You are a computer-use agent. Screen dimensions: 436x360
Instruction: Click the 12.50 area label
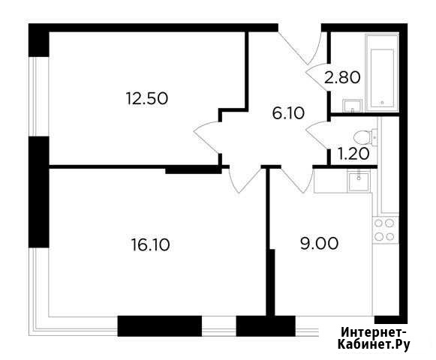147,98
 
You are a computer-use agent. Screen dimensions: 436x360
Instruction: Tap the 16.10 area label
150,245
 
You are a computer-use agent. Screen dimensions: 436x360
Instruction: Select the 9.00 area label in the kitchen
319,243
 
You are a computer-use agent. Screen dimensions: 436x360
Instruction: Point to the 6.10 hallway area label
288,113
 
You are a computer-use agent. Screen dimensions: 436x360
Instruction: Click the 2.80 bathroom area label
342,77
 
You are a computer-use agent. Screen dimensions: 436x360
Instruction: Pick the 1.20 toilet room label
353,154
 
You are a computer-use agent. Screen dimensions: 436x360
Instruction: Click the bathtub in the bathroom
382,73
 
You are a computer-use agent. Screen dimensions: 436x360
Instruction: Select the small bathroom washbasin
352,106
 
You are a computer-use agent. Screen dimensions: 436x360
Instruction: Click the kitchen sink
359,181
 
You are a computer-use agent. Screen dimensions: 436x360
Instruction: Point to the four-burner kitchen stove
385,230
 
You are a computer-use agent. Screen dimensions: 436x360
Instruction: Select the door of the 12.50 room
207,137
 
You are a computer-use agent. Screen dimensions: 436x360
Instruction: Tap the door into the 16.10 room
246,180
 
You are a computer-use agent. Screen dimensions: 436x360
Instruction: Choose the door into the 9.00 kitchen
297,180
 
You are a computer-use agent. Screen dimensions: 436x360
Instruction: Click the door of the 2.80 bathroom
317,77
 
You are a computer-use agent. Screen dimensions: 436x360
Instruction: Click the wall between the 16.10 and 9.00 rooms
269,241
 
